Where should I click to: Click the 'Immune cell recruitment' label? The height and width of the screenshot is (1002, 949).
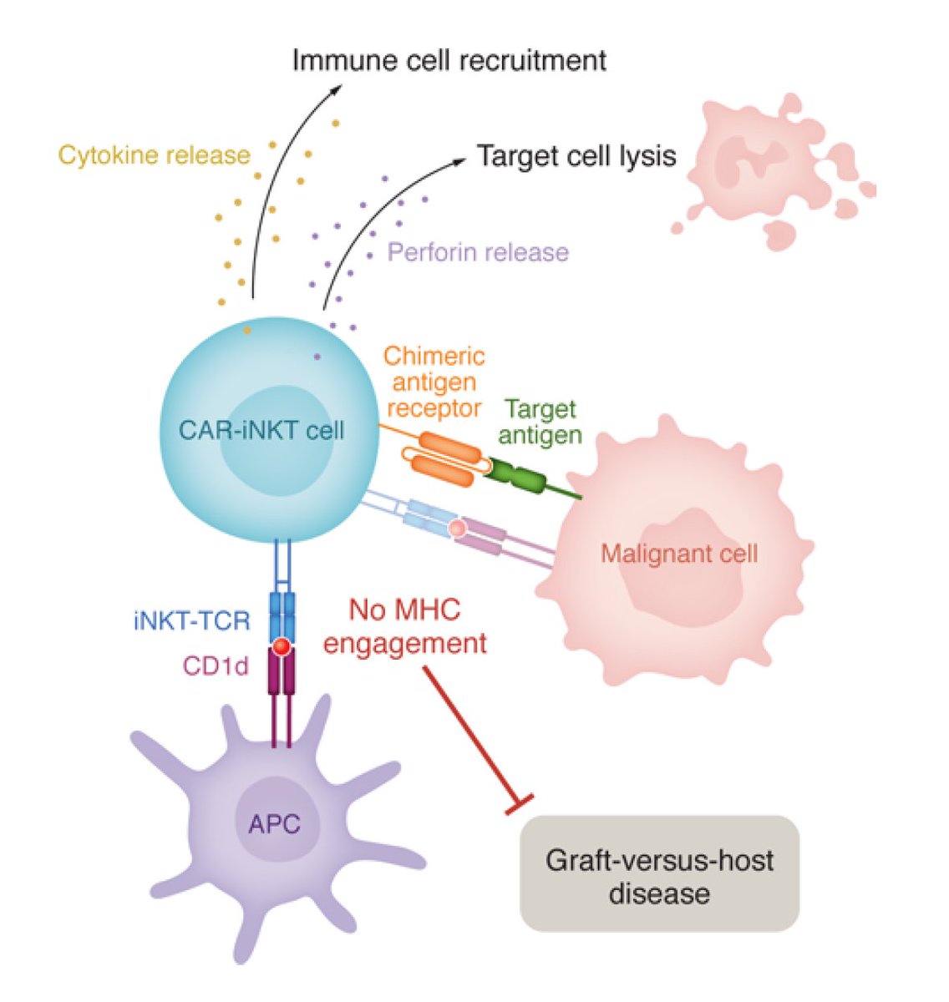(x=449, y=61)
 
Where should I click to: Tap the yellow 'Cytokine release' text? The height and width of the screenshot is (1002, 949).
(x=154, y=155)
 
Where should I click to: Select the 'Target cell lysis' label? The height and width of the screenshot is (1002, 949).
(x=576, y=156)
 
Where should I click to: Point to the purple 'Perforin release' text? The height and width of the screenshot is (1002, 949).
(x=478, y=252)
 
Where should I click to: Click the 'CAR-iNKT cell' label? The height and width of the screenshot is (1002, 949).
(x=261, y=430)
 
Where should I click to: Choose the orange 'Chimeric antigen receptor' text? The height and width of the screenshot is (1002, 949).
(x=434, y=382)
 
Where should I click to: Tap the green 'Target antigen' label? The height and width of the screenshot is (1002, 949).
(x=540, y=422)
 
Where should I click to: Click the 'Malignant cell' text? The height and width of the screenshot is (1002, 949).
(x=678, y=553)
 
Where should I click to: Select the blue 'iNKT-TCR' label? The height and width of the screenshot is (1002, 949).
(x=191, y=621)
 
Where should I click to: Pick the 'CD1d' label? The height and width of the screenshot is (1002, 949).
(x=216, y=666)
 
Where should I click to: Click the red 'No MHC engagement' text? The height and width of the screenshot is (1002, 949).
(x=405, y=626)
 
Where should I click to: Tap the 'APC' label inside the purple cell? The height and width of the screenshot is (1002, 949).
(x=274, y=824)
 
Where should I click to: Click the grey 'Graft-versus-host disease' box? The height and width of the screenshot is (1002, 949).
(x=659, y=875)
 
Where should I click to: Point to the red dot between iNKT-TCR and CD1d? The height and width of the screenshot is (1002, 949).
(x=282, y=646)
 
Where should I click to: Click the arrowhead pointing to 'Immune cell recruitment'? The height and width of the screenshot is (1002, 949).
(x=326, y=90)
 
